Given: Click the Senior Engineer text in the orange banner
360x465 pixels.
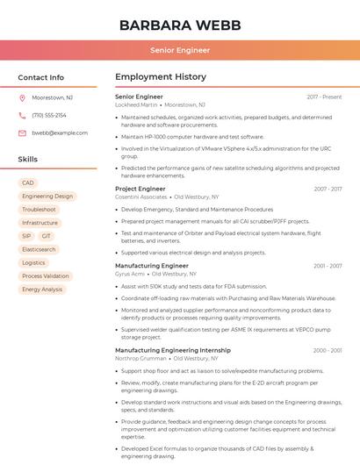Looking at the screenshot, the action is click(x=180, y=51).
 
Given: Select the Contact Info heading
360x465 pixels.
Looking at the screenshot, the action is click(x=41, y=77).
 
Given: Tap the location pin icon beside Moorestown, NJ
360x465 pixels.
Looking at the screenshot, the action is click(x=22, y=97).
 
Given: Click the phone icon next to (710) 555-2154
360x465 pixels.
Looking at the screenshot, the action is click(x=22, y=115).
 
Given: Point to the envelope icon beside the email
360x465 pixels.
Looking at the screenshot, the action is click(x=22, y=132).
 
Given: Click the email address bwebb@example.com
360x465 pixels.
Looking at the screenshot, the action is click(x=60, y=132).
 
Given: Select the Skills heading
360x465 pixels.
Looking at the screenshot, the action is click(x=28, y=159).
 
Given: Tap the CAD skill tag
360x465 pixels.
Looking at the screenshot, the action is click(x=28, y=182).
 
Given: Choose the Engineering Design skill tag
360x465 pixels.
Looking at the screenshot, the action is click(x=47, y=197).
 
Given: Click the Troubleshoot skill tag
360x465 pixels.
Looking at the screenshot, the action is click(x=39, y=210).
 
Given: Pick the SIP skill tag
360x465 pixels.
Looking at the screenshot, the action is click(x=26, y=236).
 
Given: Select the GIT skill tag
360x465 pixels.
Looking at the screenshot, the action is click(x=47, y=236).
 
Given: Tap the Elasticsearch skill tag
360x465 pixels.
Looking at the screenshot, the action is click(x=39, y=249).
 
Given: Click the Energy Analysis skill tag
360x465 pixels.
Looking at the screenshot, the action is click(x=42, y=289).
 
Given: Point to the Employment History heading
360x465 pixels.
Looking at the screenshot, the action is click(x=160, y=77).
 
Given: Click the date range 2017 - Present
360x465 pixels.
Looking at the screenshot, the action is click(x=324, y=97).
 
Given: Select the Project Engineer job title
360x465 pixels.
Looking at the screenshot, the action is click(x=140, y=189).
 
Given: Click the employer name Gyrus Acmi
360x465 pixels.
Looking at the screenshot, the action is click(x=130, y=274).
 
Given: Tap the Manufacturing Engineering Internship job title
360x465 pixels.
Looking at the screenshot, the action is click(x=173, y=350).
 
